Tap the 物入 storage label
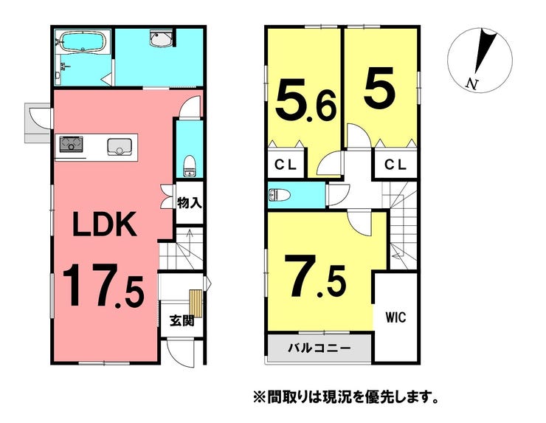click(190, 202)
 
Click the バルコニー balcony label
click(319, 348)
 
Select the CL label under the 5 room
click(395, 165)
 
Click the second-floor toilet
click(280, 195)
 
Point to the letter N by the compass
click(471, 84)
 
